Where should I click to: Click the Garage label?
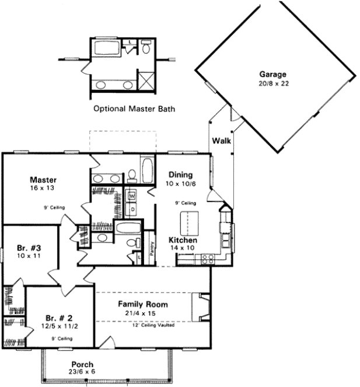272,74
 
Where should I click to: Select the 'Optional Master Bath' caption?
134,109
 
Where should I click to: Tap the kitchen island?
187,224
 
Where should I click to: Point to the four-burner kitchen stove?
205,259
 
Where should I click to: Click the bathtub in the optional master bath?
107,48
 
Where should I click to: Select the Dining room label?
181,175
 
